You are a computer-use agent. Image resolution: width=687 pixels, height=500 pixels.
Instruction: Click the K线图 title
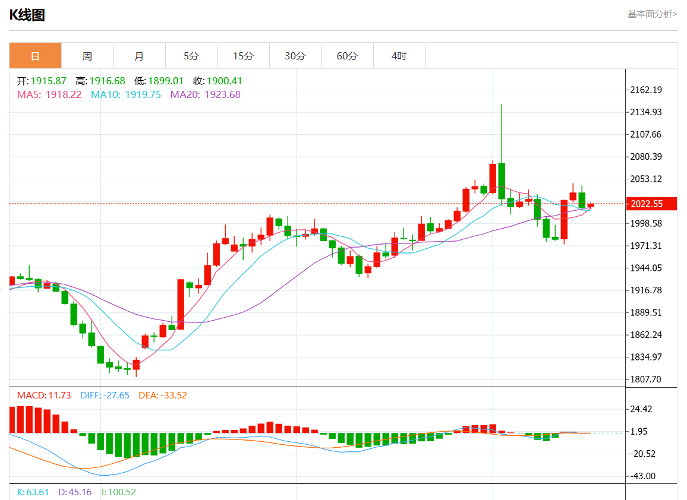coord(27,15)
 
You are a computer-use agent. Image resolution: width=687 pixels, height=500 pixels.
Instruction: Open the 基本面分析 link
coord(652,14)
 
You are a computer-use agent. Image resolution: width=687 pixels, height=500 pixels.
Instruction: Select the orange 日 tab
coord(35,56)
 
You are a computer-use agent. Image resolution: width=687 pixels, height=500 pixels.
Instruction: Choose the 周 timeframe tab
coord(87,56)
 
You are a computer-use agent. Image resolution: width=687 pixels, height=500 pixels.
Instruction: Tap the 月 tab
coord(138,56)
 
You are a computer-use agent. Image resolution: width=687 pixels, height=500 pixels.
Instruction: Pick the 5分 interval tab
coord(191,56)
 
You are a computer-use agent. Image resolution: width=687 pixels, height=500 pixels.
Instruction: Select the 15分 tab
coord(242,56)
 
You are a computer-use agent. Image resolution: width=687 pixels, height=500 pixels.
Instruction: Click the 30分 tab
coord(295,56)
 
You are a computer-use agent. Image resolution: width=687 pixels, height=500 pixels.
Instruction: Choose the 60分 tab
coord(347,56)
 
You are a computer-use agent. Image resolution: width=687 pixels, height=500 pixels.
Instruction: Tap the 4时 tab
coord(399,56)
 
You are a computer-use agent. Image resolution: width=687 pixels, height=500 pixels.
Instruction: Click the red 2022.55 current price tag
coord(647,204)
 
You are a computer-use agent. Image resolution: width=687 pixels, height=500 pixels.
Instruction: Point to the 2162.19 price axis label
coord(646,90)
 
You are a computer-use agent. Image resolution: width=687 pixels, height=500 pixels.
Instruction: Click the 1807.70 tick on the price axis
coord(646,379)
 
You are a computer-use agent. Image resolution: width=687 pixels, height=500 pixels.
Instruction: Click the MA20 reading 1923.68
coord(222,94)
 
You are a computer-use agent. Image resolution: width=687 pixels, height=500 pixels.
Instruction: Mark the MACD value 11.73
coord(60,395)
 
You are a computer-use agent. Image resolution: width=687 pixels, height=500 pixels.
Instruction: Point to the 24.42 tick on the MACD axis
coord(642,409)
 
